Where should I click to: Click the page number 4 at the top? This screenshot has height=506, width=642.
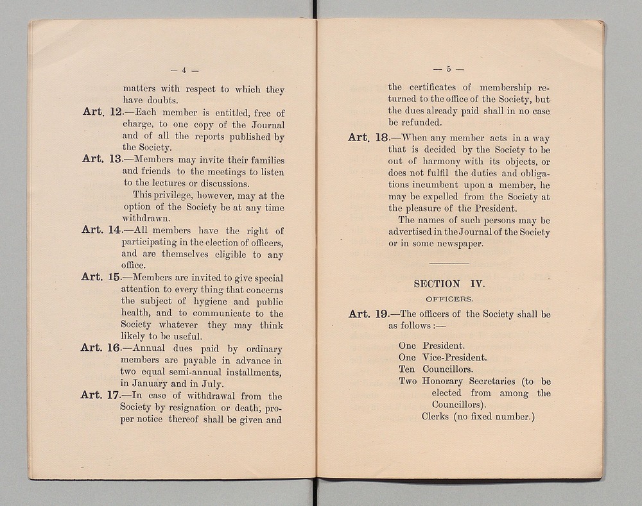[184, 71]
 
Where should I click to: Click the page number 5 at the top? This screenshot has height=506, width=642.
[447, 69]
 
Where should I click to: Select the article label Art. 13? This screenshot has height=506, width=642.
[101, 160]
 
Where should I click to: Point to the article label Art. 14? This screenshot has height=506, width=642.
[101, 230]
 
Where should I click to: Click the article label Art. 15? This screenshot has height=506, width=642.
[101, 278]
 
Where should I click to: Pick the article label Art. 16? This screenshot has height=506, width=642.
[101, 348]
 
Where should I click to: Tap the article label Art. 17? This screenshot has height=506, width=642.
[101, 396]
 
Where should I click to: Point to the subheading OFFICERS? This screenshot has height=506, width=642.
[449, 299]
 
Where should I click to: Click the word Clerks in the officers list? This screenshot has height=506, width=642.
[437, 417]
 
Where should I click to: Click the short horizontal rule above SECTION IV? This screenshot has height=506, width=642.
[448, 264]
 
